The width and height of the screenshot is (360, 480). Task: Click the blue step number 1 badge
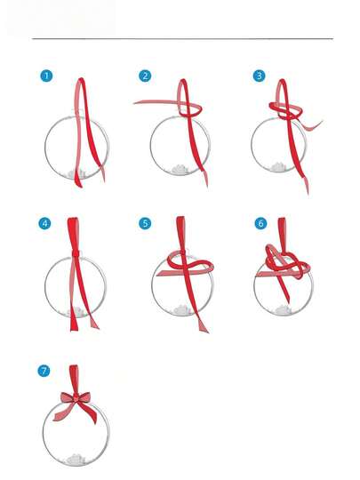click(46, 76)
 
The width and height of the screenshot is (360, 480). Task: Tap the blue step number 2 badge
click(145, 76)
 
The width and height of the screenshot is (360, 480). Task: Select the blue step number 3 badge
click(259, 76)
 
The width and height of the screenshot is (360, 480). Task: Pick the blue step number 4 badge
click(45, 223)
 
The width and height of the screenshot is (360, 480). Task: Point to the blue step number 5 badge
click(145, 223)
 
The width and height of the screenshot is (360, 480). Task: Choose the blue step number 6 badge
click(260, 223)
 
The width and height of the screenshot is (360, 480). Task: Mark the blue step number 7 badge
click(44, 371)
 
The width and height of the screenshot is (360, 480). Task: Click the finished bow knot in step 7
click(76, 398)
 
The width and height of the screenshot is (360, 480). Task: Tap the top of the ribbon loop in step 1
click(81, 79)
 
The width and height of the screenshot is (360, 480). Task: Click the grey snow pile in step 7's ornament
click(76, 460)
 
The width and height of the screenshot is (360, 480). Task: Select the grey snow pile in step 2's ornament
click(180, 169)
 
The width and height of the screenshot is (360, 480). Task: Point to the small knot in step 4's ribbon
click(76, 253)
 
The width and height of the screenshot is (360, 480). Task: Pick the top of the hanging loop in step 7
click(74, 366)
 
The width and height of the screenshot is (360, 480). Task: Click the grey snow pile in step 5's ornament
click(181, 310)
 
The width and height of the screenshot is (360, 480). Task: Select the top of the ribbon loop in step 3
click(283, 80)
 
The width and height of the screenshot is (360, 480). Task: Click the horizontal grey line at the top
click(182, 39)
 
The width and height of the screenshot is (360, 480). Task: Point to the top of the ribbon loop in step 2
click(183, 81)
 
